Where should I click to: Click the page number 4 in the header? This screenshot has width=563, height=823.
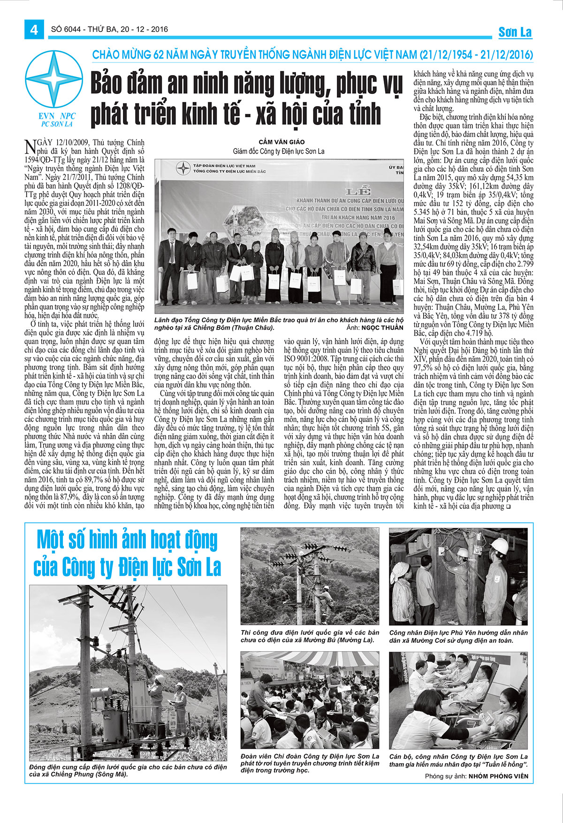(34, 30)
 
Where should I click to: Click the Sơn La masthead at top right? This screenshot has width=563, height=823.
(515, 32)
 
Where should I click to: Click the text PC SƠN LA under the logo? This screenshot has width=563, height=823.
(57, 124)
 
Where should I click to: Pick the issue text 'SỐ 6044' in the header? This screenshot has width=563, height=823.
(63, 30)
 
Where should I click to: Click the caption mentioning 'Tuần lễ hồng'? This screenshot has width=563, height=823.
(458, 760)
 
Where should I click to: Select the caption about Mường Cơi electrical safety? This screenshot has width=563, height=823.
(458, 636)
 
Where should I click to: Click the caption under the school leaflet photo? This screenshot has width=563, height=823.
(310, 763)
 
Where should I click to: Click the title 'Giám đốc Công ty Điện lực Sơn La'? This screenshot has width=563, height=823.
(278, 151)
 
